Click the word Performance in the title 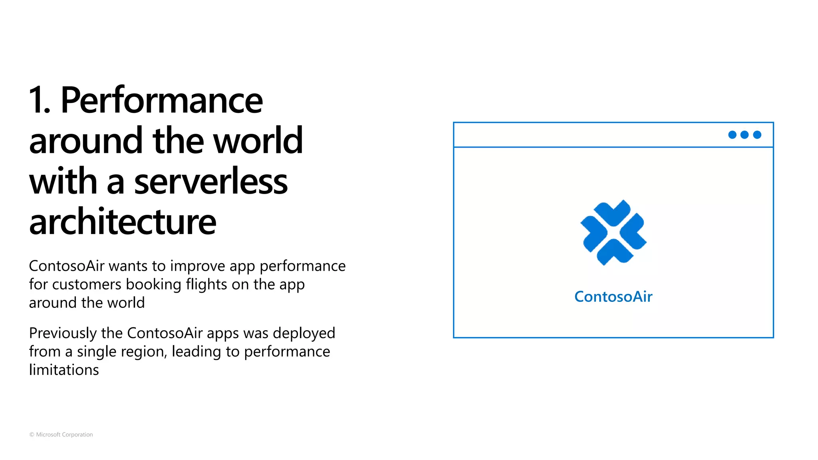[x=161, y=100]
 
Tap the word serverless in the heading [x=210, y=182]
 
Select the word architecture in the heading [x=123, y=222]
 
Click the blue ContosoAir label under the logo [x=613, y=297]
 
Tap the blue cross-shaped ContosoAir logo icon [x=613, y=232]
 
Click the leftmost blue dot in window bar [x=732, y=135]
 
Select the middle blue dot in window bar [x=745, y=135]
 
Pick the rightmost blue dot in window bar [x=757, y=135]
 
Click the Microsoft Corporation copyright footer [x=61, y=434]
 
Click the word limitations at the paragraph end [x=64, y=370]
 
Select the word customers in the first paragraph [x=87, y=285]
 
